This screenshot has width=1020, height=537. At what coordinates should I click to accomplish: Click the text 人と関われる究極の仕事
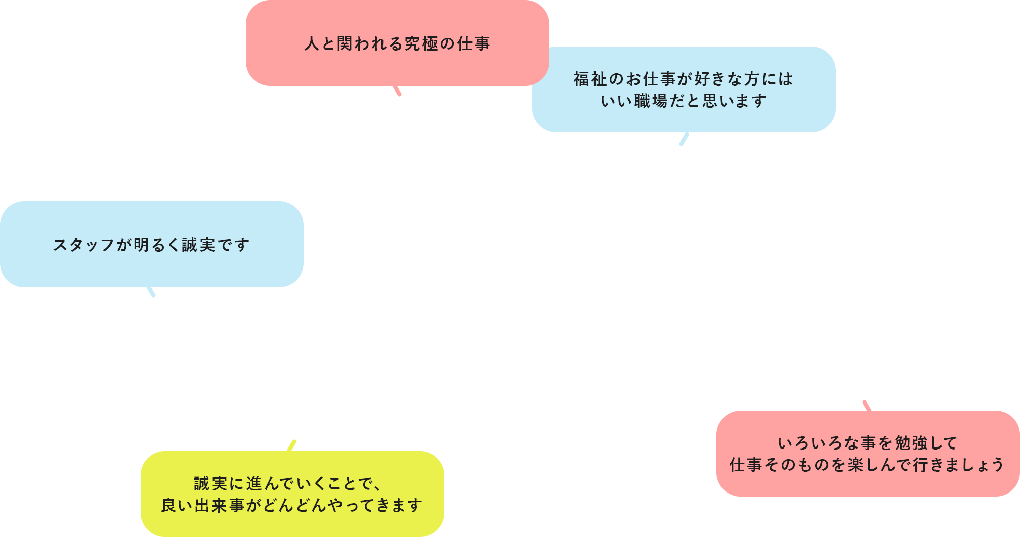(x=397, y=44)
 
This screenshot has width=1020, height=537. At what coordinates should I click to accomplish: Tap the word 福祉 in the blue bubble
(x=590, y=79)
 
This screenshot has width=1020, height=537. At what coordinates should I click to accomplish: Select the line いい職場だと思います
(x=684, y=101)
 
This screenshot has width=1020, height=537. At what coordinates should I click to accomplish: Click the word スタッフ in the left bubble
(x=84, y=245)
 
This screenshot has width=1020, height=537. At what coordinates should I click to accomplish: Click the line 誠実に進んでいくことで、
(x=288, y=484)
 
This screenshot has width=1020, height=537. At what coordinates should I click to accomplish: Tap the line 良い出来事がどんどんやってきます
(x=292, y=506)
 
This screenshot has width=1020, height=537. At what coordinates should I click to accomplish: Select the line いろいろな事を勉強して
(x=868, y=443)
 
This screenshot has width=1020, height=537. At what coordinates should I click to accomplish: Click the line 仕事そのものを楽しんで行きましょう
(x=867, y=465)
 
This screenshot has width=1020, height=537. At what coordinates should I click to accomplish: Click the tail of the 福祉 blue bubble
(x=684, y=139)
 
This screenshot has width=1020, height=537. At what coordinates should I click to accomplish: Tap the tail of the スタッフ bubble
(x=151, y=292)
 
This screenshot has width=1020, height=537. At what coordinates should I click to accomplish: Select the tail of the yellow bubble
(x=291, y=445)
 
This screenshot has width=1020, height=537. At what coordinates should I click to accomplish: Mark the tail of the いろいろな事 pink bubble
(x=867, y=406)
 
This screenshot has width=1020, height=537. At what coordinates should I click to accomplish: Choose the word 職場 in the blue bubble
(x=651, y=101)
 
